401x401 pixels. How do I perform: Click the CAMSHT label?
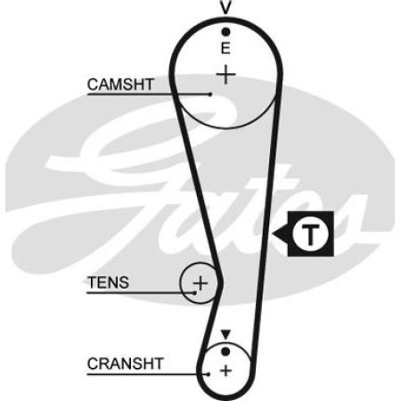click(120, 85)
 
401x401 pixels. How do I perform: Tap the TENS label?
click(108, 282)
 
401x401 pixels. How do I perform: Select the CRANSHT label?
click(125, 364)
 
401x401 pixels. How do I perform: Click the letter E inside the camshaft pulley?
click(225, 48)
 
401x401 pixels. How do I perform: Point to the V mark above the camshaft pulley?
click(225, 8)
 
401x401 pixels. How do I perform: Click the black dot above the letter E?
click(225, 31)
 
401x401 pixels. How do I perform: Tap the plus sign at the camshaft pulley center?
click(225, 74)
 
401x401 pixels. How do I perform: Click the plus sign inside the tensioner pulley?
click(200, 283)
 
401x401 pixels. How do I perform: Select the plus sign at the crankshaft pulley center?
click(225, 371)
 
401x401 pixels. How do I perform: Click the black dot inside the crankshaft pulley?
click(225, 352)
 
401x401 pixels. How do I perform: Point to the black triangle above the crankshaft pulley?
click(225, 334)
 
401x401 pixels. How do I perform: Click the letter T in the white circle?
click(310, 234)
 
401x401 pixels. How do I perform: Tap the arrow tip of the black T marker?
click(273, 233)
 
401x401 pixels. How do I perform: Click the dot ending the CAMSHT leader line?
click(210, 94)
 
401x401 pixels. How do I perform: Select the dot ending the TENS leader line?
click(194, 293)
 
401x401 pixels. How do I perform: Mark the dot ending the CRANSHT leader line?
click(209, 374)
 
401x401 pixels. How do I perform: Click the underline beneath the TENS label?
click(141, 293)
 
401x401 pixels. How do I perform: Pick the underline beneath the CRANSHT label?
click(148, 374)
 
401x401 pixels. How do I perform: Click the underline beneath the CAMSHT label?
click(149, 94)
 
